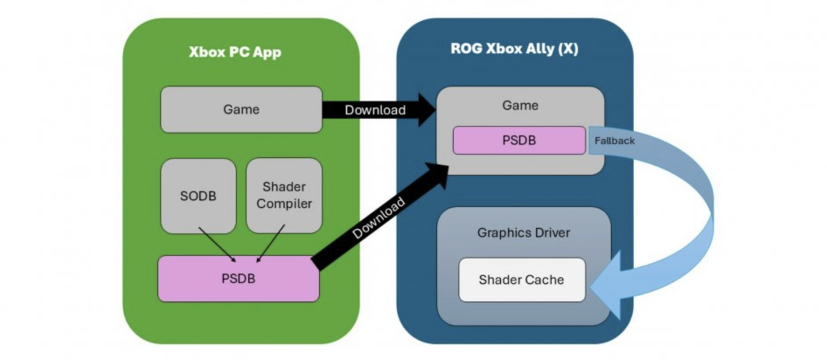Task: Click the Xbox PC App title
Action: click(x=235, y=52)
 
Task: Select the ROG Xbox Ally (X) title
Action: click(x=514, y=49)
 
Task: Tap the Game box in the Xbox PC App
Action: click(x=241, y=109)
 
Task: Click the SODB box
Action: click(x=198, y=196)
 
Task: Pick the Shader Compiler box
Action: click(x=284, y=195)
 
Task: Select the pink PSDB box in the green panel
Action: click(x=238, y=279)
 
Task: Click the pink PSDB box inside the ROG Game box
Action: click(x=519, y=140)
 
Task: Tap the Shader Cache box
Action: click(x=521, y=280)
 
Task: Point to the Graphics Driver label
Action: click(x=523, y=233)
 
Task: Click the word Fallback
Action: click(x=615, y=140)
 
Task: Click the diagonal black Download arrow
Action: click(x=379, y=218)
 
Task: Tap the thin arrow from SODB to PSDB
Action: click(x=217, y=244)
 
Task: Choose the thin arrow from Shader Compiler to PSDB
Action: click(x=270, y=244)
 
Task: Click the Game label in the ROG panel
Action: click(x=520, y=105)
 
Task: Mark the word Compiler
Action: click(x=284, y=203)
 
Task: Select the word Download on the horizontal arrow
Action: click(x=375, y=110)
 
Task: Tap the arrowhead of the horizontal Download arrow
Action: click(x=425, y=110)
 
